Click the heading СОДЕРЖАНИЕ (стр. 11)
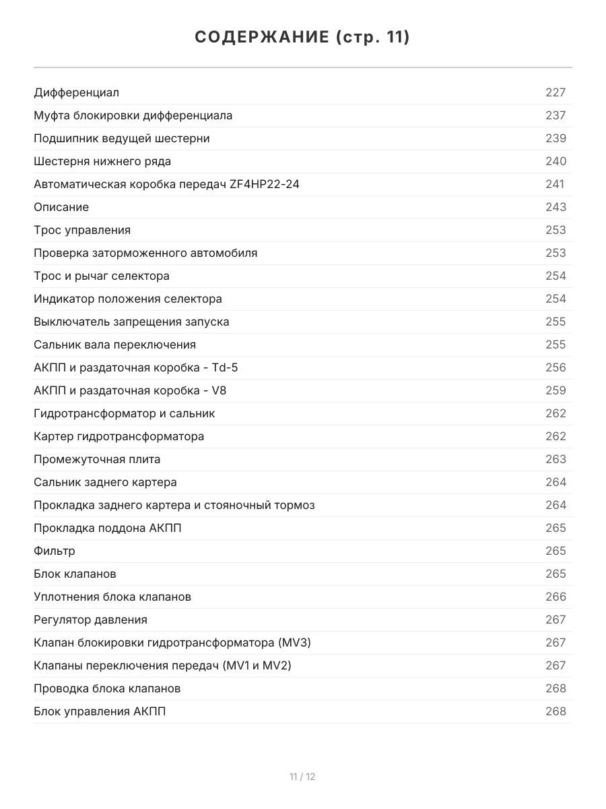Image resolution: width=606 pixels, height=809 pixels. pos(302,38)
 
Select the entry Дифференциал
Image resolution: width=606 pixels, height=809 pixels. pos(76,92)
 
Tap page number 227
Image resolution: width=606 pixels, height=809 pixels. pos(555,92)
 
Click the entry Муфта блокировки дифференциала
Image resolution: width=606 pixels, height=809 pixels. pos(133,115)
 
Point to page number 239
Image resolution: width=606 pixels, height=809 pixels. pos(555,138)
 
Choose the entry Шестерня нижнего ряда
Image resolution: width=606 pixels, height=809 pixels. pos(102,161)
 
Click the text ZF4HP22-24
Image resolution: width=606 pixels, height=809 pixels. pos(264,184)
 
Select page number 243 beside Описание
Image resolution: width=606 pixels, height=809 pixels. pos(555,207)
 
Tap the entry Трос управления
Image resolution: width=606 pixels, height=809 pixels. pos(82,230)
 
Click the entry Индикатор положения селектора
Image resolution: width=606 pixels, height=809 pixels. pos(128,299)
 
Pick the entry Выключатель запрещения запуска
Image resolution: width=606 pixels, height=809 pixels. pos(131,322)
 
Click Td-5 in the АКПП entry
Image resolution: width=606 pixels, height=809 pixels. pos(225,367)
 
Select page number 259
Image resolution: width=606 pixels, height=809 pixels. pos(555,390)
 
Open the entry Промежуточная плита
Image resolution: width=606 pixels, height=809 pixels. pos(97,459)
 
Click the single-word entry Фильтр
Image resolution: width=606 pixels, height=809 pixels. pos(55,551)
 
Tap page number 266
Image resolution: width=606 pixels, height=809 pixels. pos(555,597)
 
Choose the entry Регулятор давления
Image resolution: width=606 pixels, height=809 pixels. pos(90,620)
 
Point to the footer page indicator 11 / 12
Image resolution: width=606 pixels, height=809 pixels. pos(302,777)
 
